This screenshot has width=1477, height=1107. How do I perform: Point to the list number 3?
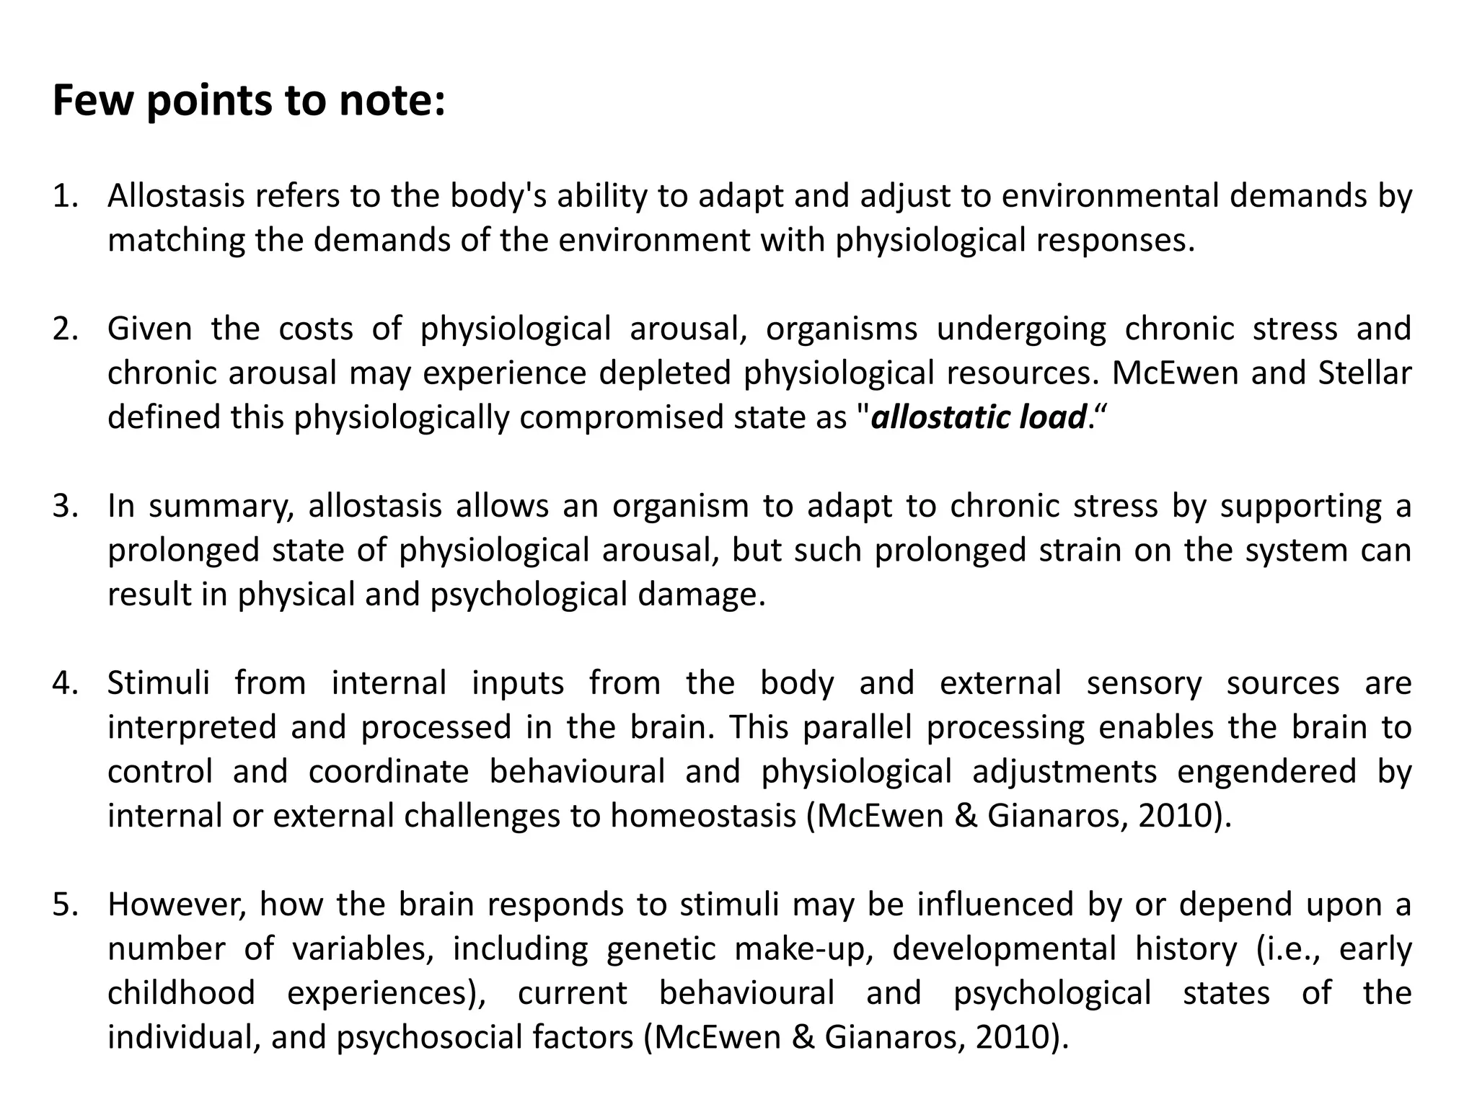(x=64, y=506)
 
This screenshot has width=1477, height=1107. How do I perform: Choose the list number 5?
(x=64, y=904)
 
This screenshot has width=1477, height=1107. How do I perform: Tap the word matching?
(x=177, y=240)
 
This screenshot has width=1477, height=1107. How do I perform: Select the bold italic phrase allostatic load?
(x=979, y=417)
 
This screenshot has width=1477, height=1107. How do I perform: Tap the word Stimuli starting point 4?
(x=159, y=683)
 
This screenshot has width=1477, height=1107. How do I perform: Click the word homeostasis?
(x=703, y=816)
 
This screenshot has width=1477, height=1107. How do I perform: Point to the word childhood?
(x=181, y=993)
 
